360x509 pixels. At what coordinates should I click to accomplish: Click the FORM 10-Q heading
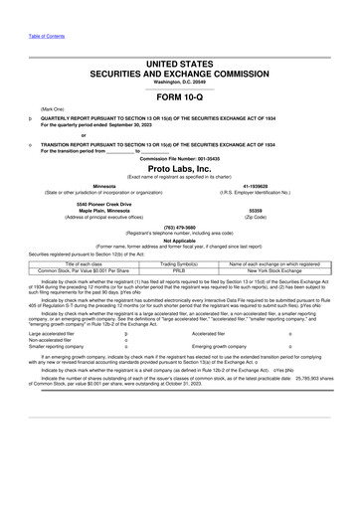coord(179,96)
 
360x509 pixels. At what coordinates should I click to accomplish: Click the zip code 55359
coord(282,211)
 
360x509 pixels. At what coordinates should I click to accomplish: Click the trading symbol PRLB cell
coord(179,269)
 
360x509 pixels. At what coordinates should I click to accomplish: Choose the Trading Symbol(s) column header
coord(179,262)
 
